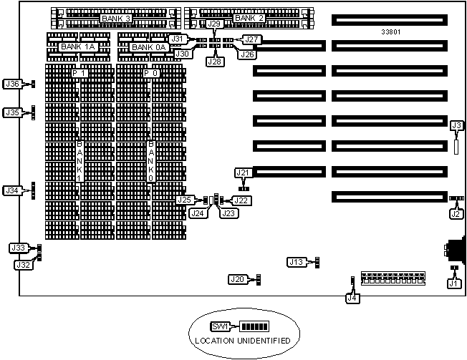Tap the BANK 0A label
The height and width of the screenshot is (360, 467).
pos(149,47)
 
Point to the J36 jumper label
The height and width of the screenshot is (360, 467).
pos(12,84)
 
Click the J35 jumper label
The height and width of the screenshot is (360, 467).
pos(12,112)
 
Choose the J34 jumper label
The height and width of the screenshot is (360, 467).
pos(12,190)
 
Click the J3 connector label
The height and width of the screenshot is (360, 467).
pos(456,126)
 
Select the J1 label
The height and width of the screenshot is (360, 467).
pos(453,283)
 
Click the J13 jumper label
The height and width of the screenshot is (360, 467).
pos(297,262)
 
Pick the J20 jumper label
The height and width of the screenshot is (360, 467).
pos(238,278)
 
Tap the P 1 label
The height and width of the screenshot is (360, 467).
pos(79,73)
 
